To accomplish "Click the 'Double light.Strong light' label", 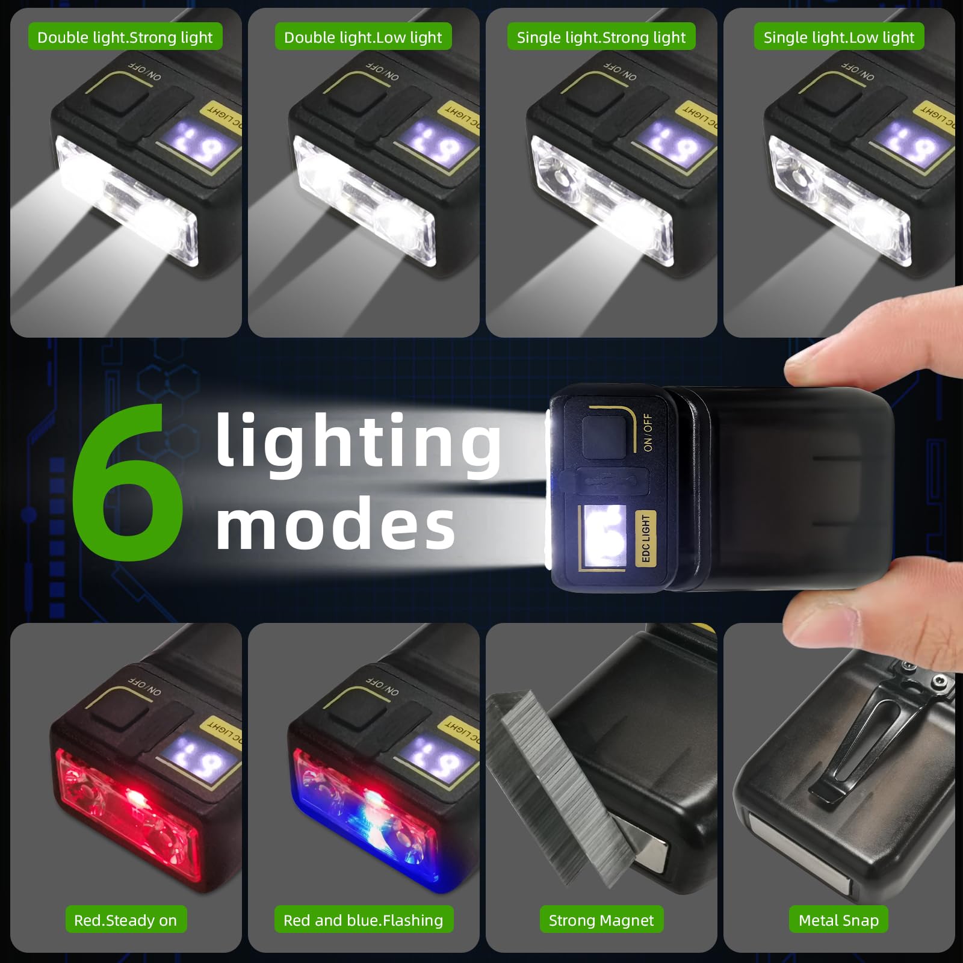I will (125, 37).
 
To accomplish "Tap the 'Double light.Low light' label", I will (363, 37).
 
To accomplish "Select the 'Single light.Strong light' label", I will (601, 37).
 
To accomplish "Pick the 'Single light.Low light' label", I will (838, 37).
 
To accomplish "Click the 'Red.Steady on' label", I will (125, 920).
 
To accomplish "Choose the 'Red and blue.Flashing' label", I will (363, 920).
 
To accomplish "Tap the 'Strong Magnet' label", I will (601, 920).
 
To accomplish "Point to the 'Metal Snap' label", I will (838, 920).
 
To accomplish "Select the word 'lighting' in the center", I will (358, 442).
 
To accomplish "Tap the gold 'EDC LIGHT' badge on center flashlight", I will (646, 538).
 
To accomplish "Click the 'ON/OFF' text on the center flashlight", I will (648, 432).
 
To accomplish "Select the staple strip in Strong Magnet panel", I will (560, 782).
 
